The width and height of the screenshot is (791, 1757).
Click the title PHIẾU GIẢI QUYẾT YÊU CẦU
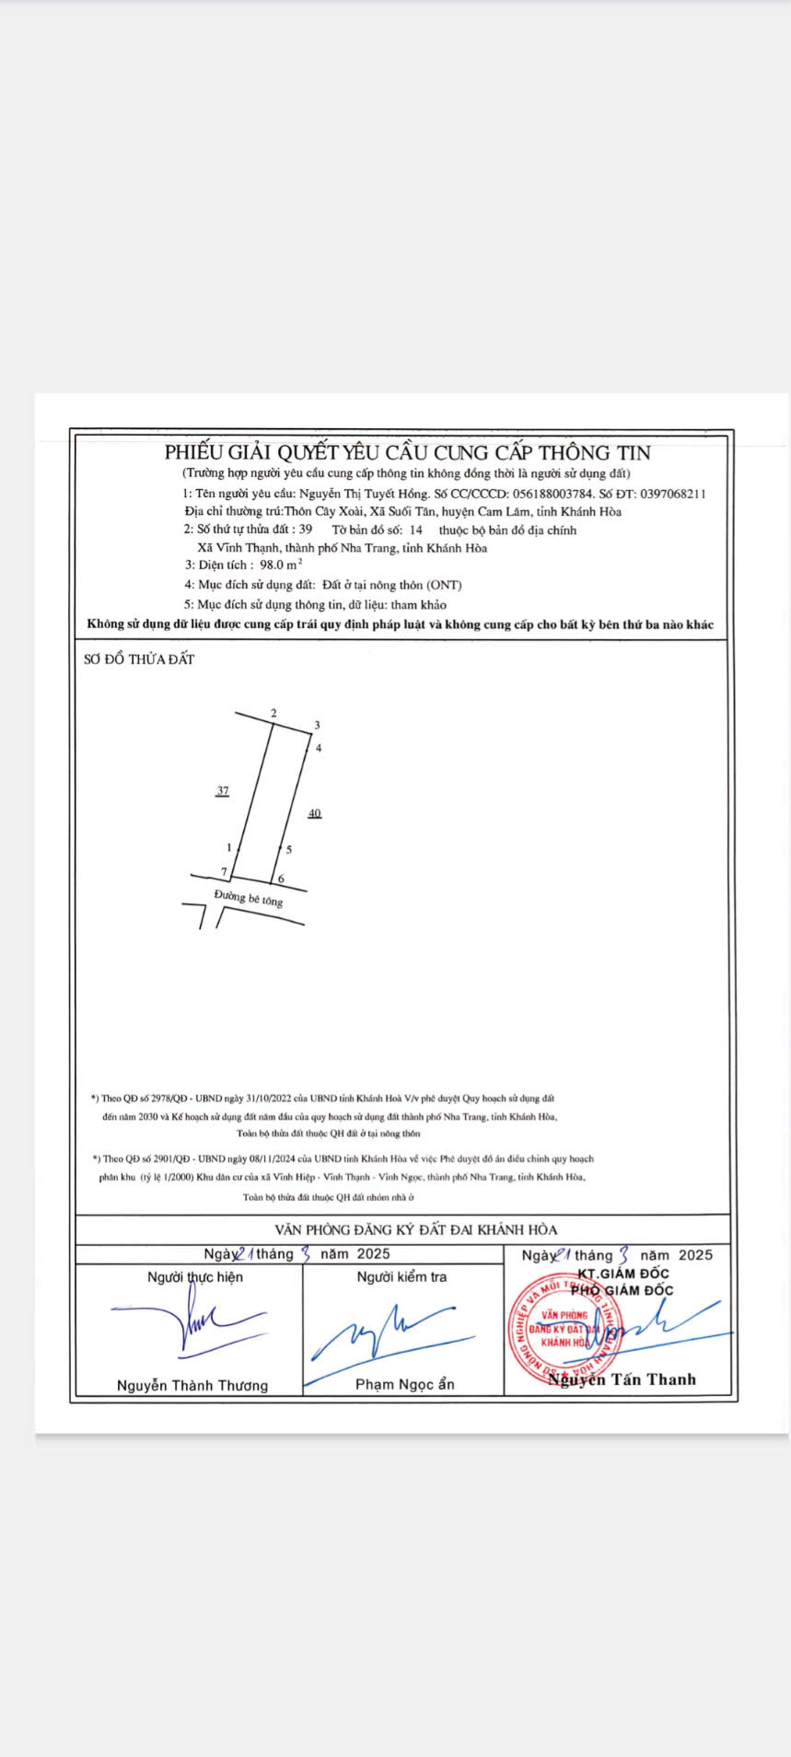407,452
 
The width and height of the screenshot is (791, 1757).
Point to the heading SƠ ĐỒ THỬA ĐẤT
139,659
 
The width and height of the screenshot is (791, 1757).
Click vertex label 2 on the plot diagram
273,714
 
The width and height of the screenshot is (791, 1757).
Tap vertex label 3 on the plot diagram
317,726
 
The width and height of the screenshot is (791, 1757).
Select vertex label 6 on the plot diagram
281,879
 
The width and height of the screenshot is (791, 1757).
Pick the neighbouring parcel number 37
222,791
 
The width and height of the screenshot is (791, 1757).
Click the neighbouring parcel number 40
315,813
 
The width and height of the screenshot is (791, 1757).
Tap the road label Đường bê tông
249,898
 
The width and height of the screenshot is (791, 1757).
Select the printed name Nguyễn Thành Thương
192,1386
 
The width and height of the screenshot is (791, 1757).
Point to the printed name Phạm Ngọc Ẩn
404,1384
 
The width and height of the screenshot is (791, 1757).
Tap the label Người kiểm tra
401,1277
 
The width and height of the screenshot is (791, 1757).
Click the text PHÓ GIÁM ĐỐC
622,1290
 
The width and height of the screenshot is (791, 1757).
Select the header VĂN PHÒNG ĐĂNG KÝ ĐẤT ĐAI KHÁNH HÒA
415,1229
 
